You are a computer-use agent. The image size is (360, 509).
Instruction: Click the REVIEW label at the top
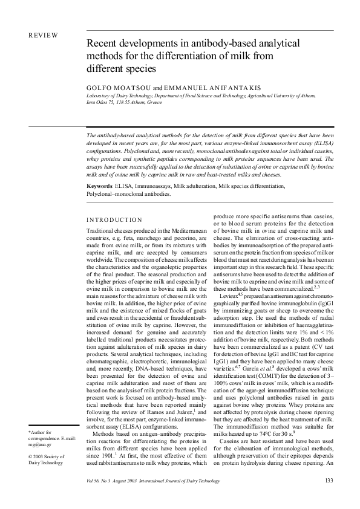click(x=43, y=35)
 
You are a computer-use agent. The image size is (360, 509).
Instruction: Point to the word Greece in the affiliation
click(x=154, y=103)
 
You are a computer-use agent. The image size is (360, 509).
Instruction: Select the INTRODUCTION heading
click(x=114, y=219)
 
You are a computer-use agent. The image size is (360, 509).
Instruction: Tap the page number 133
click(x=329, y=481)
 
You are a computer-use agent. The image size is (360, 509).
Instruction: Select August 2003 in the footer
click(x=134, y=481)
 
